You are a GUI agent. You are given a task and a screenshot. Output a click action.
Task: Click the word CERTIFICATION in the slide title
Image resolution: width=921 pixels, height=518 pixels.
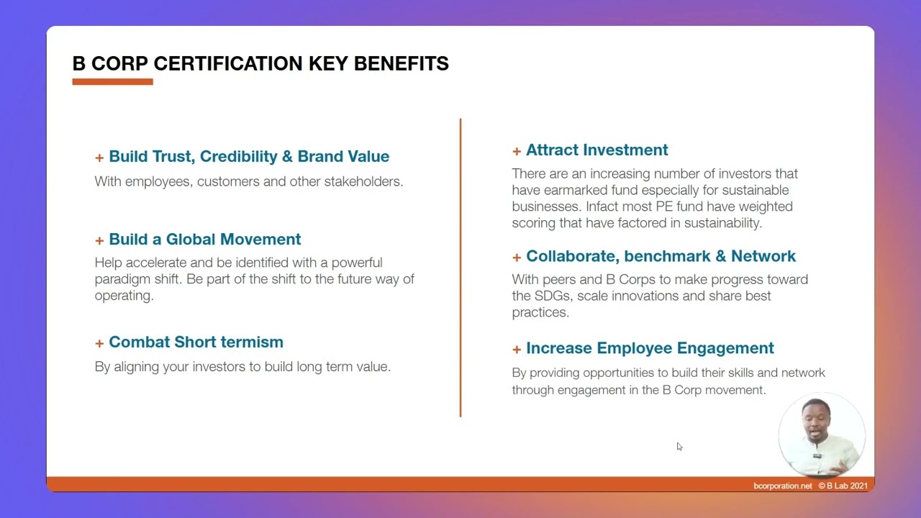point(228,63)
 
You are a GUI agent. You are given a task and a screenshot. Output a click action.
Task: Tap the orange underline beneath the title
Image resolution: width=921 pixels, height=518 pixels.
point(112,82)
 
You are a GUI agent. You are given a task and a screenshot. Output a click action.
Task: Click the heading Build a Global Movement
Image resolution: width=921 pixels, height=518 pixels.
point(204,239)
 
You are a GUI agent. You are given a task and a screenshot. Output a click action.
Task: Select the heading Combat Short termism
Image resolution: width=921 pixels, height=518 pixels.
point(196,342)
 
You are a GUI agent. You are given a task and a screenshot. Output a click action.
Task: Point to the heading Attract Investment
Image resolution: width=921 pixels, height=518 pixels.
point(596,150)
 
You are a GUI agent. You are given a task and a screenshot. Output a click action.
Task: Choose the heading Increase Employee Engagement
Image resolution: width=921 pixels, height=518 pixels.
point(650,348)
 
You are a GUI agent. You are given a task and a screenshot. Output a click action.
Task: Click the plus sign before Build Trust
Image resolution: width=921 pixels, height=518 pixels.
point(99,158)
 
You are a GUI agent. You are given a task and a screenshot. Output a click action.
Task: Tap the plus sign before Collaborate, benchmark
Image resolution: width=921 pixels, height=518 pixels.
point(517,257)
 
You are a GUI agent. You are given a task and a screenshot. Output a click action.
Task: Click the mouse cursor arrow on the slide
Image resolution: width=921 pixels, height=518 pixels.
point(679,447)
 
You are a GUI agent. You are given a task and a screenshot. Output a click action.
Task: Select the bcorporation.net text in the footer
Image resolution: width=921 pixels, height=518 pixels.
point(782,486)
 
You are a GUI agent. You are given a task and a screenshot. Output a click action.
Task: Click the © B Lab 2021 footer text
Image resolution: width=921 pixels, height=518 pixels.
point(843,486)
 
